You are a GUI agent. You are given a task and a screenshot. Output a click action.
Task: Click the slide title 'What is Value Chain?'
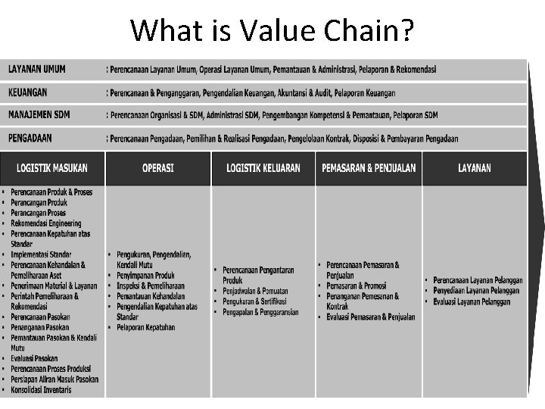pyautogui.click(x=272, y=30)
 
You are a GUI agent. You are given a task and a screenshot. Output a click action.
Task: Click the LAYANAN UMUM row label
pyautogui.click(x=37, y=69)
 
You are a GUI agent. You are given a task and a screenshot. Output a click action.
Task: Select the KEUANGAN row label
pyautogui.click(x=28, y=92)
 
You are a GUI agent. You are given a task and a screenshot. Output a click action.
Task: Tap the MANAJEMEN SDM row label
pyautogui.click(x=39, y=114)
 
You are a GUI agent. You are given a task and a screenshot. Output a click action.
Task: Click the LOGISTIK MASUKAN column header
pyautogui.click(x=52, y=168)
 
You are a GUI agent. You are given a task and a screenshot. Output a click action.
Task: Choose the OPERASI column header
pyautogui.click(x=158, y=168)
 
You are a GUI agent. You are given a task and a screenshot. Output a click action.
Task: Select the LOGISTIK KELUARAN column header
pyautogui.click(x=263, y=168)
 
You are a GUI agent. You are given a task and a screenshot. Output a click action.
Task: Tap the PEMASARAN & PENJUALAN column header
pyautogui.click(x=369, y=168)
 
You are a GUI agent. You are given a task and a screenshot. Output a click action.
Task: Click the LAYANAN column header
pyautogui.click(x=475, y=168)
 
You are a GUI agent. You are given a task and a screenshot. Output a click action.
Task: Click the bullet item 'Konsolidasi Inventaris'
pyautogui.click(x=42, y=389)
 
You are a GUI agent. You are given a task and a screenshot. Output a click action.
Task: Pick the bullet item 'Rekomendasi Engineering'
pyautogui.click(x=46, y=223)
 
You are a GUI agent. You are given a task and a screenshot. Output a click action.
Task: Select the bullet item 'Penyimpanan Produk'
pyautogui.click(x=146, y=275)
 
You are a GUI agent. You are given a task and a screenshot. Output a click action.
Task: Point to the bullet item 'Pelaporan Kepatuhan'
pyautogui.click(x=146, y=327)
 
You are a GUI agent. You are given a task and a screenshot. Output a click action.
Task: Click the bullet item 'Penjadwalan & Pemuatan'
pyautogui.click(x=256, y=291)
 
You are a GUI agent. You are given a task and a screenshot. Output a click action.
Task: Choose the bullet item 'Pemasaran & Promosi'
pyautogui.click(x=357, y=286)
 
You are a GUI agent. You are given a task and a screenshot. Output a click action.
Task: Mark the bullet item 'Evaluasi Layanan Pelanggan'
pyautogui.click(x=472, y=301)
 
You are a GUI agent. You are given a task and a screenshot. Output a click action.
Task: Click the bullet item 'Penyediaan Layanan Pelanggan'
pyautogui.click(x=476, y=291)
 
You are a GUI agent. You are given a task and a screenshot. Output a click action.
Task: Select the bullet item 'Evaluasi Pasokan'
pyautogui.click(x=34, y=358)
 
